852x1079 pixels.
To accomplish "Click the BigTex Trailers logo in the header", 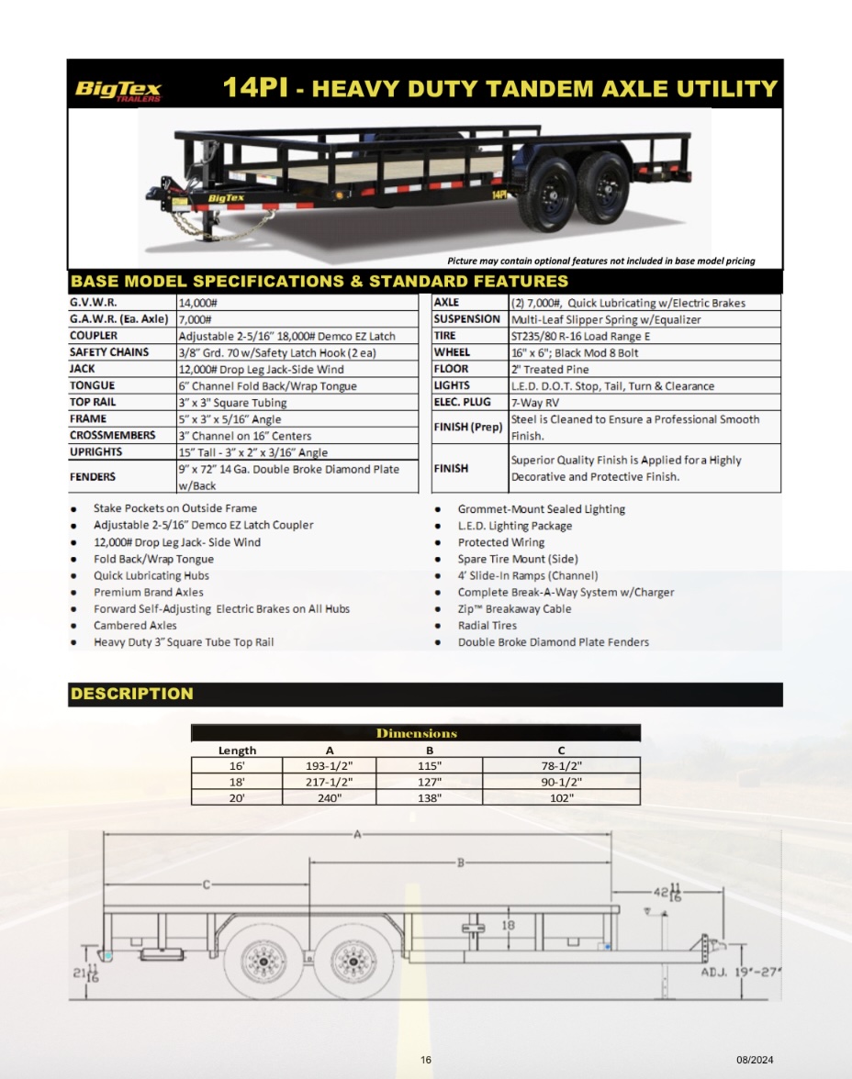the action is (x=118, y=90).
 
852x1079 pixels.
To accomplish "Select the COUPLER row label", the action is (x=93, y=336).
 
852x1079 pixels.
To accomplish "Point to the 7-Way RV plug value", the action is (x=534, y=403).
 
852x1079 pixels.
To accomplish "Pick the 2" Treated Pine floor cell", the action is (x=550, y=370).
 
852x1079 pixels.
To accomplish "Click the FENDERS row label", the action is (x=93, y=477).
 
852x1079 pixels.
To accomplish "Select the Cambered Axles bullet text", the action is (x=135, y=626).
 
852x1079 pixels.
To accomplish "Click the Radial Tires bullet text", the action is (x=487, y=626).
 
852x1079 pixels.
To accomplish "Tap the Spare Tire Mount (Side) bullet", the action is (x=518, y=560).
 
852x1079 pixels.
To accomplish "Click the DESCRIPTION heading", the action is (x=131, y=694).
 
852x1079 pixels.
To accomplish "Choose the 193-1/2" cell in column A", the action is (x=330, y=766).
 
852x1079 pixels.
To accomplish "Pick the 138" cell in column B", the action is (x=429, y=798).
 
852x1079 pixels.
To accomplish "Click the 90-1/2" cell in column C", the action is (x=561, y=783).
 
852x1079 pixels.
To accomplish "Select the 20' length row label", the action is (x=237, y=798).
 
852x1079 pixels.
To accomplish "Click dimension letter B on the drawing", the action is (x=461, y=862).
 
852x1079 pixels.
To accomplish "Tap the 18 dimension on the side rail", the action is (x=509, y=926).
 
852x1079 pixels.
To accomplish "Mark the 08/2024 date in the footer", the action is (x=755, y=1060).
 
